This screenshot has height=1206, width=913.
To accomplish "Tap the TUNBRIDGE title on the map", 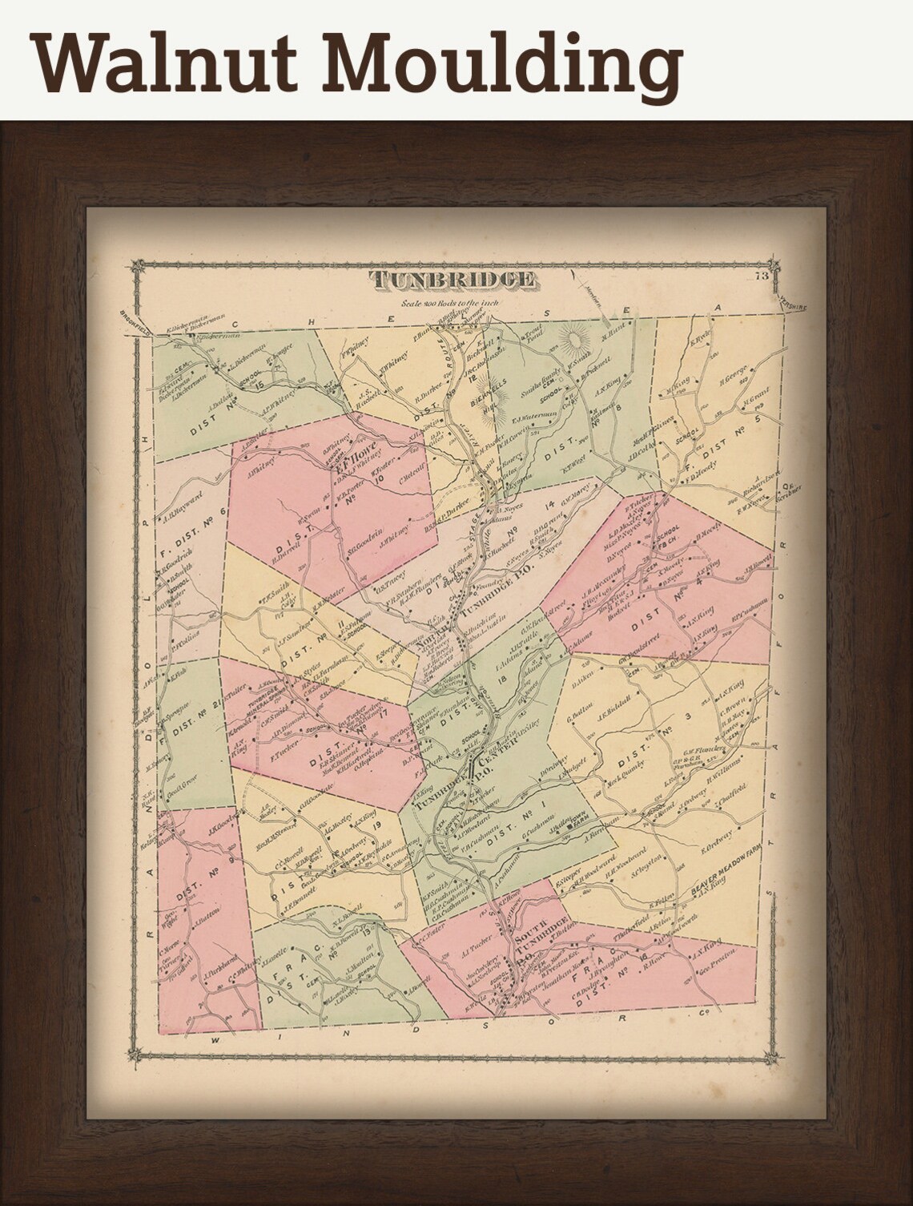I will (452, 279).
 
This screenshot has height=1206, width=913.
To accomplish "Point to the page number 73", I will (760, 278).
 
